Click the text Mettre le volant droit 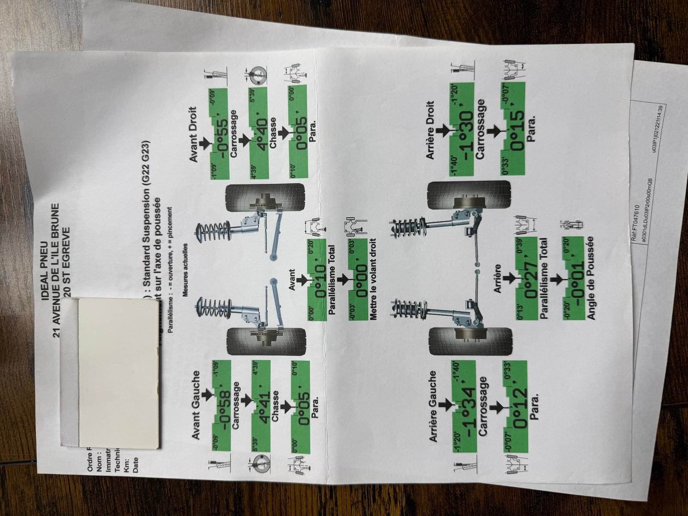(x=372, y=279)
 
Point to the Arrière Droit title (x=431, y=130)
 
